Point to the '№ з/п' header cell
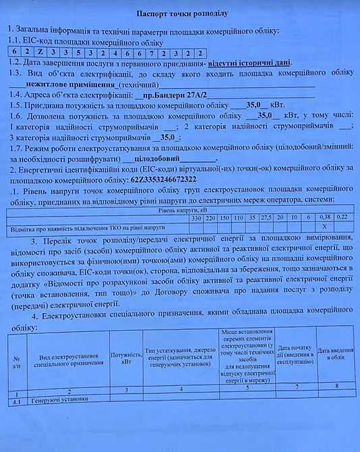[x=16, y=363]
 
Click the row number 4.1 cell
[x=16, y=399]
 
